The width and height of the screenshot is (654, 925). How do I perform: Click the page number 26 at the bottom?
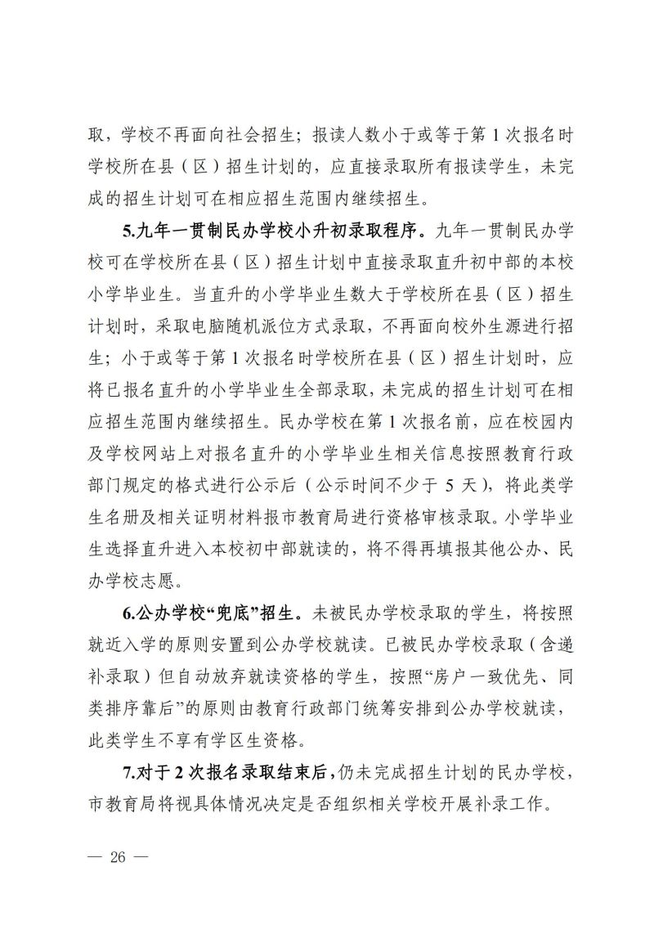click(120, 860)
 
